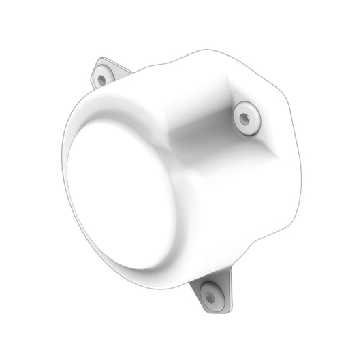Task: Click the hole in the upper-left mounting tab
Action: click(x=102, y=79)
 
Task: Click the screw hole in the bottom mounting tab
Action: click(x=210, y=297)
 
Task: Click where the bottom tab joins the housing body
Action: click(x=204, y=278)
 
